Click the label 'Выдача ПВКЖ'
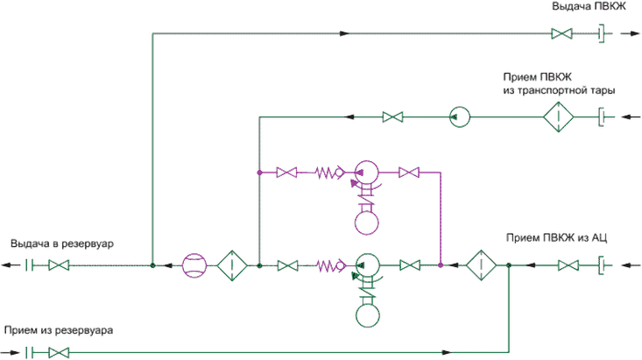tap(589, 7)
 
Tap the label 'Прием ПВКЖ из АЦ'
tap(556, 238)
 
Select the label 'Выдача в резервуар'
tap(62, 244)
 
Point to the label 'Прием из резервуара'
tap(59, 330)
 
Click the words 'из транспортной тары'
tap(559, 90)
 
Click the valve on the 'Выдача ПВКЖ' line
tap(561, 33)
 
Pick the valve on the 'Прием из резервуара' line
tap(59, 352)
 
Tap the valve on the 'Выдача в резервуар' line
tap(59, 265)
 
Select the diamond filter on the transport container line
tap(559, 117)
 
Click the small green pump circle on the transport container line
tap(460, 117)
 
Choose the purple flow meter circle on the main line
tap(194, 265)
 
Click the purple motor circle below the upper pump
tap(366, 222)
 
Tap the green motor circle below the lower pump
tap(368, 315)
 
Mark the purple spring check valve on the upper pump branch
tap(329, 173)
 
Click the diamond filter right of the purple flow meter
tap(232, 265)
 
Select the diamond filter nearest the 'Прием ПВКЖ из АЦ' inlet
tap(481, 265)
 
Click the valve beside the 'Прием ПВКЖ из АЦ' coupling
tap(568, 265)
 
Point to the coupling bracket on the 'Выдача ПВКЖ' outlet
tap(602, 33)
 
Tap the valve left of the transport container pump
tap(392, 117)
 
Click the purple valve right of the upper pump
tap(409, 173)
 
